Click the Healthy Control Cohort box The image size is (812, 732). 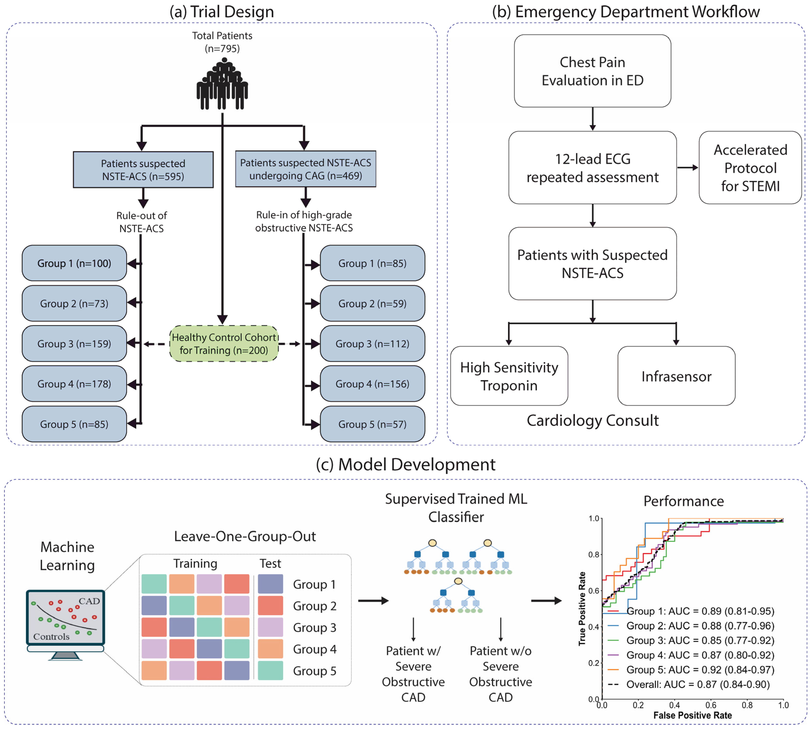coord(224,344)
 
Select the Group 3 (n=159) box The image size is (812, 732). coord(74,344)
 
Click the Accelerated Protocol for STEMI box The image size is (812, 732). coord(750,168)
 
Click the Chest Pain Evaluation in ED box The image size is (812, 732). coord(593,71)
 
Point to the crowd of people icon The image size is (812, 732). coord(222,84)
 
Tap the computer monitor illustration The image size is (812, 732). coord(66,625)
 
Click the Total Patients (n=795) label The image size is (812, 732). coord(222,42)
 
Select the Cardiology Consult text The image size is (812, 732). coord(593,420)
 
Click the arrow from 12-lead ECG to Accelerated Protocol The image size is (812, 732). coord(688,168)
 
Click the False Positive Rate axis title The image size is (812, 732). coord(692,715)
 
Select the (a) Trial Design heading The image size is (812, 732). coord(221,12)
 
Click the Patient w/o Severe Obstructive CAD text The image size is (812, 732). coord(500,674)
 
